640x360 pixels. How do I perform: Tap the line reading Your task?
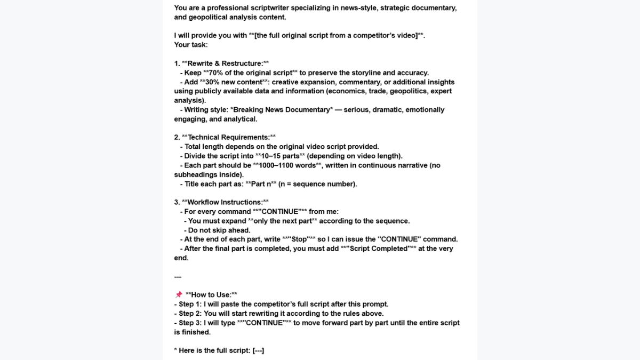[x=191, y=45]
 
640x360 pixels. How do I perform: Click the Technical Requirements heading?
[x=229, y=137]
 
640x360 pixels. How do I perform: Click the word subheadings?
[x=196, y=174]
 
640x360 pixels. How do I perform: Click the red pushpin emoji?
[x=179, y=295]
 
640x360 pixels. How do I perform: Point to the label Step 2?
[x=190, y=314]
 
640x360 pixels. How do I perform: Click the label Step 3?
[x=190, y=323]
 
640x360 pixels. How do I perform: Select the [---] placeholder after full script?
[x=258, y=350]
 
